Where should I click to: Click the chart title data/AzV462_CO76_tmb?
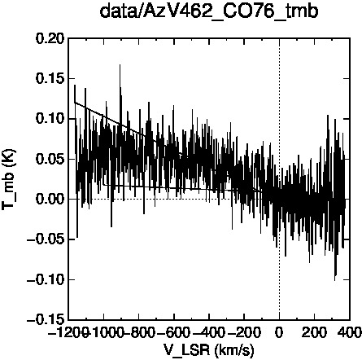click(x=209, y=11)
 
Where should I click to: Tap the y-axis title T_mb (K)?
click(x=9, y=179)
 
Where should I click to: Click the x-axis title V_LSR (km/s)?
click(x=209, y=349)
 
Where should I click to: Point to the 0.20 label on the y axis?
click(x=50, y=38)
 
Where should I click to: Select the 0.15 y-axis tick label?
click(x=50, y=79)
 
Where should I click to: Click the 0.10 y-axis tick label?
click(x=50, y=119)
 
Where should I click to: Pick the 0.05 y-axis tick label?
click(x=50, y=159)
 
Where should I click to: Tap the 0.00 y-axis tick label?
click(x=50, y=200)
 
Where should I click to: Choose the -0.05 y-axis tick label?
click(x=46, y=239)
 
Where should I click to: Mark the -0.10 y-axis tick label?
click(x=46, y=279)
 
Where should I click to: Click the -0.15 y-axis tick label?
click(x=46, y=320)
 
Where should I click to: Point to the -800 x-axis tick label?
click(x=139, y=332)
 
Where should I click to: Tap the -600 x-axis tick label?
click(x=174, y=332)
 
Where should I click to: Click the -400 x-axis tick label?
click(x=209, y=332)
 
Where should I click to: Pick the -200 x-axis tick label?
click(x=244, y=332)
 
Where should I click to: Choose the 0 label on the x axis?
click(x=279, y=332)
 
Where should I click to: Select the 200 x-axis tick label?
click(x=315, y=332)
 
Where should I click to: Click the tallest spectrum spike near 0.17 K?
click(x=120, y=65)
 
